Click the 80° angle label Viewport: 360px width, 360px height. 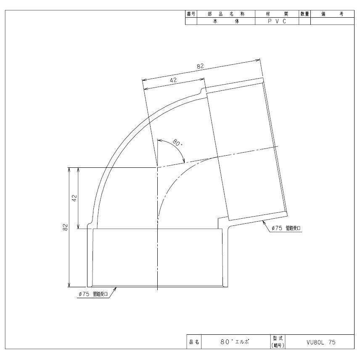click(x=177, y=143)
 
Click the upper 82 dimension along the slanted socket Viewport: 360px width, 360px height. click(x=200, y=66)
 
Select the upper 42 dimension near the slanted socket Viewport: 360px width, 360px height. click(x=173, y=80)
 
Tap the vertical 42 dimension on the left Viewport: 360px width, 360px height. click(x=74, y=198)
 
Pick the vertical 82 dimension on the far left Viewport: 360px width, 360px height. click(x=66, y=227)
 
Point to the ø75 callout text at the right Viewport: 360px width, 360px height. click(x=286, y=228)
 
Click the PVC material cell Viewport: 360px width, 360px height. click(x=277, y=21)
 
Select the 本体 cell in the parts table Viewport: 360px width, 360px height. click(x=226, y=21)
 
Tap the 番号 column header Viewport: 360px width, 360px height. click(x=191, y=14)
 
